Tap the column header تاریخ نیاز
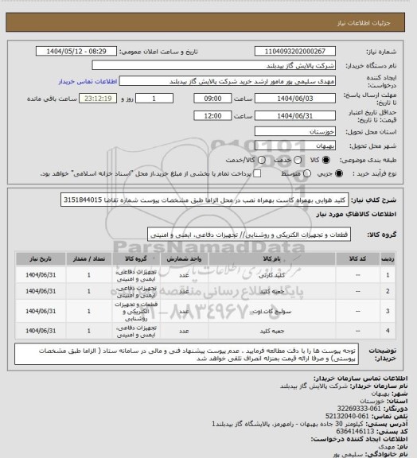pyautogui.click(x=36, y=258)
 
